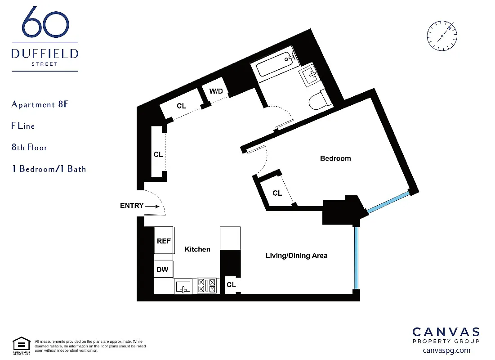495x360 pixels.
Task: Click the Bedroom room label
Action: tap(335, 158)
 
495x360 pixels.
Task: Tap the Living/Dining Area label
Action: tap(296, 256)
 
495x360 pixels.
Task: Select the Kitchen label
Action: tap(197, 249)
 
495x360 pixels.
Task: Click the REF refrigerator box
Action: tap(164, 241)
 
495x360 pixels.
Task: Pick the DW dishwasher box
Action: tap(163, 270)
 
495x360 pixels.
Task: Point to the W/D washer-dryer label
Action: tap(216, 91)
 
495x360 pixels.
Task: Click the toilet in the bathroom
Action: tap(319, 100)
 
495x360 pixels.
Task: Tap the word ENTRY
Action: tap(132, 206)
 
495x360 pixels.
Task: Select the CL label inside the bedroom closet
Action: tap(277, 193)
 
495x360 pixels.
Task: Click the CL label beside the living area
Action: tap(231, 285)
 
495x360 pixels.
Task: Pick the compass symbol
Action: tap(442, 36)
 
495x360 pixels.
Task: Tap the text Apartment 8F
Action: tap(40, 104)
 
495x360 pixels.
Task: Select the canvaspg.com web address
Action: tap(446, 350)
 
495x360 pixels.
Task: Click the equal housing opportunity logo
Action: tap(21, 344)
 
